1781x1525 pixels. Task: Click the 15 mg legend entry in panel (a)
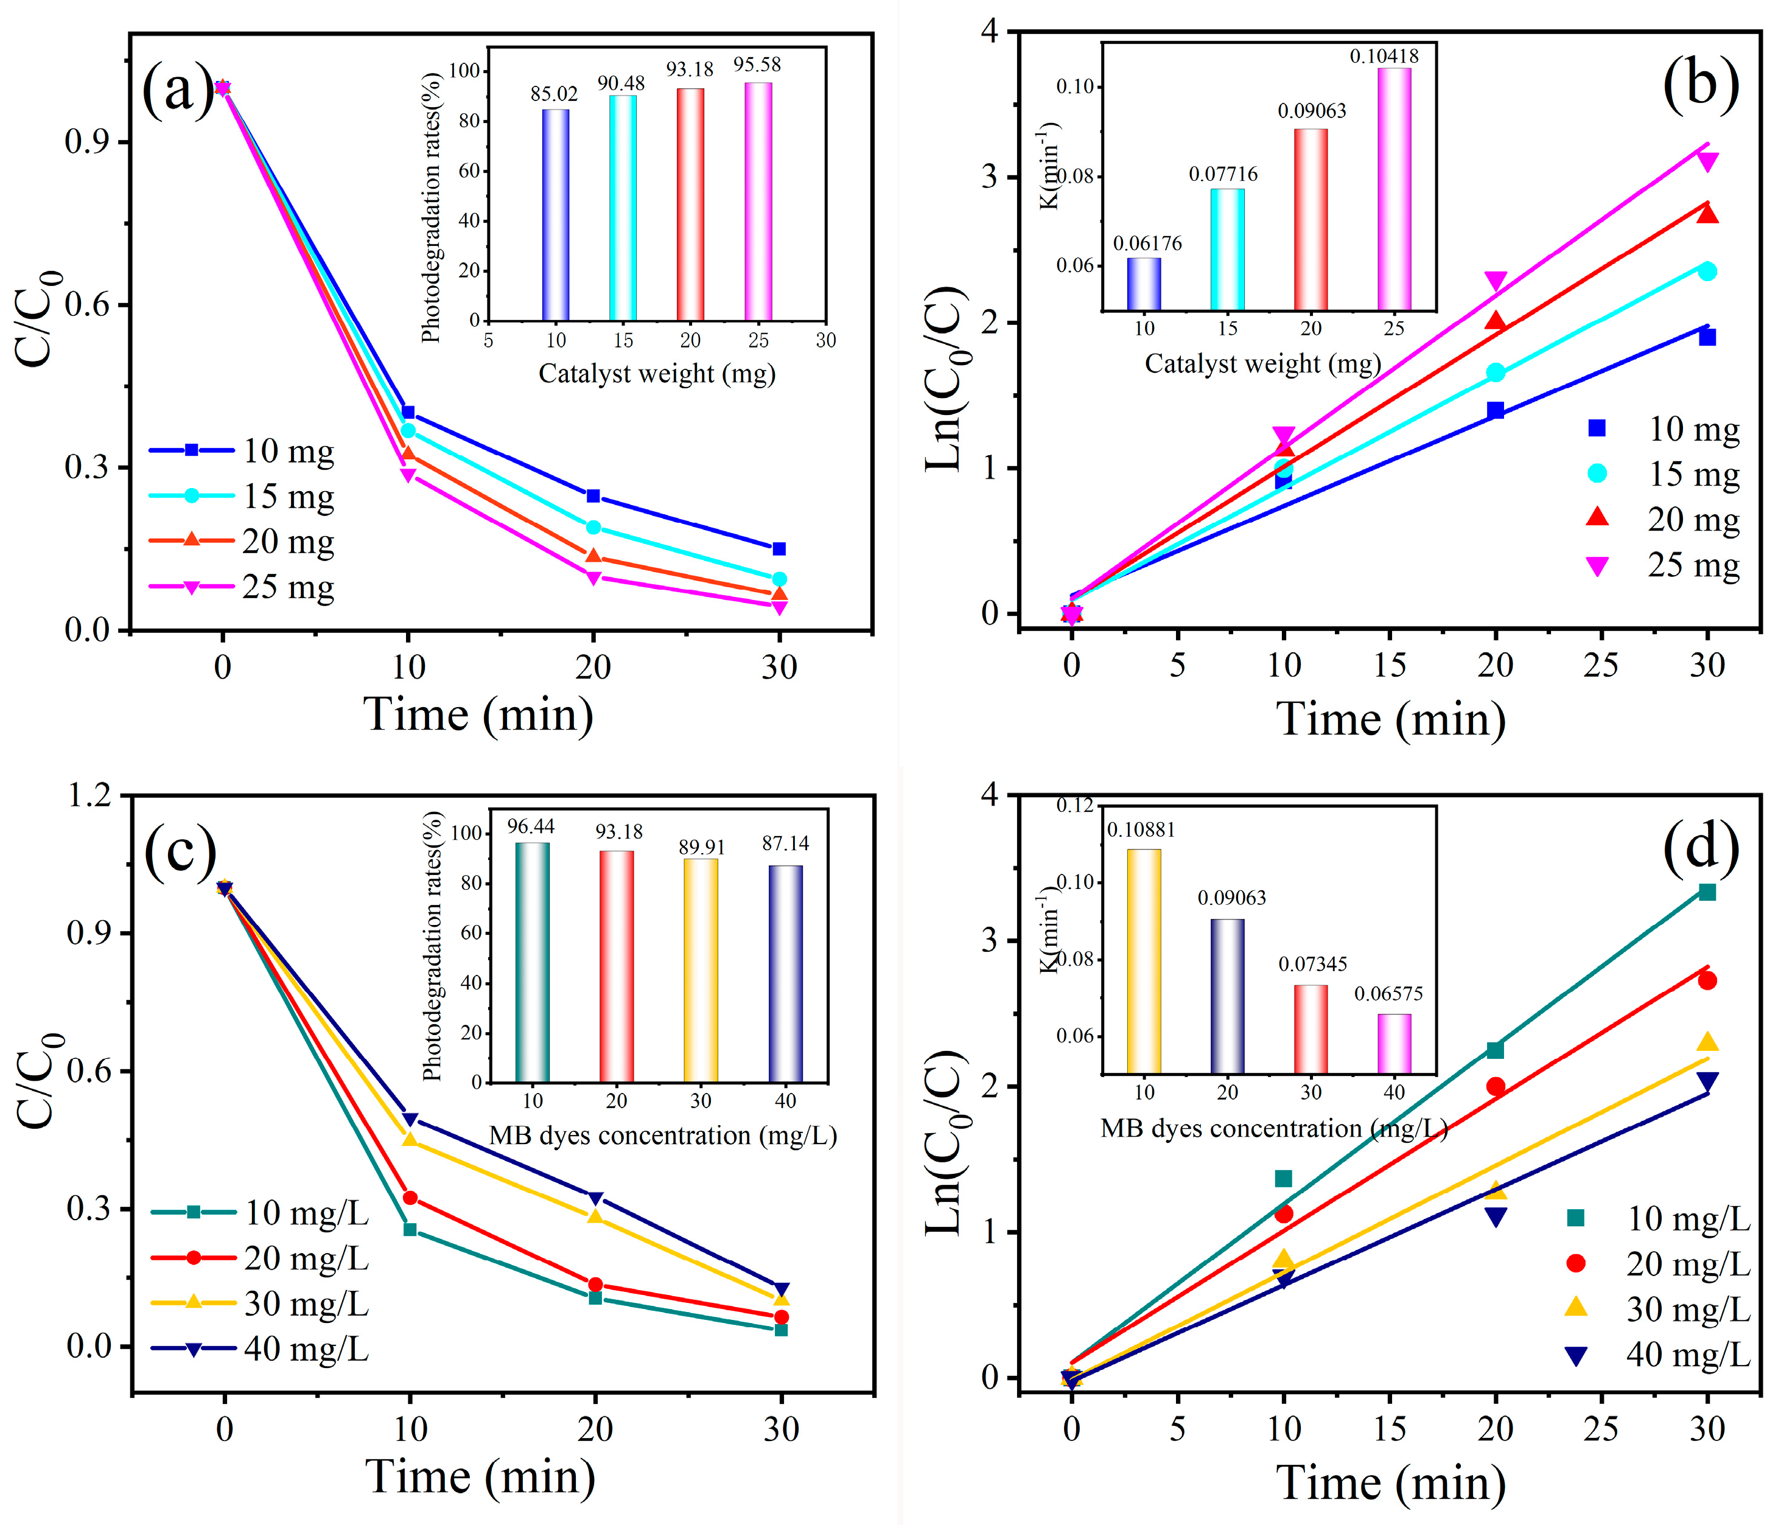coord(288,497)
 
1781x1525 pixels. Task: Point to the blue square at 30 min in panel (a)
coord(779,549)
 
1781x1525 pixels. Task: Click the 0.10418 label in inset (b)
coord(1384,57)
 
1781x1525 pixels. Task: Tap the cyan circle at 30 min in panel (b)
coord(1707,271)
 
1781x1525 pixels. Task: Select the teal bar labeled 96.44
coord(532,962)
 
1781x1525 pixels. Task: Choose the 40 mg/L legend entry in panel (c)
coord(305,1349)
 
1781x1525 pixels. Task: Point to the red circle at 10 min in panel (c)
coord(410,1198)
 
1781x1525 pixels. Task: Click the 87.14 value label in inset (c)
coord(785,843)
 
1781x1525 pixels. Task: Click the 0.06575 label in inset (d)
coord(1388,994)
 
